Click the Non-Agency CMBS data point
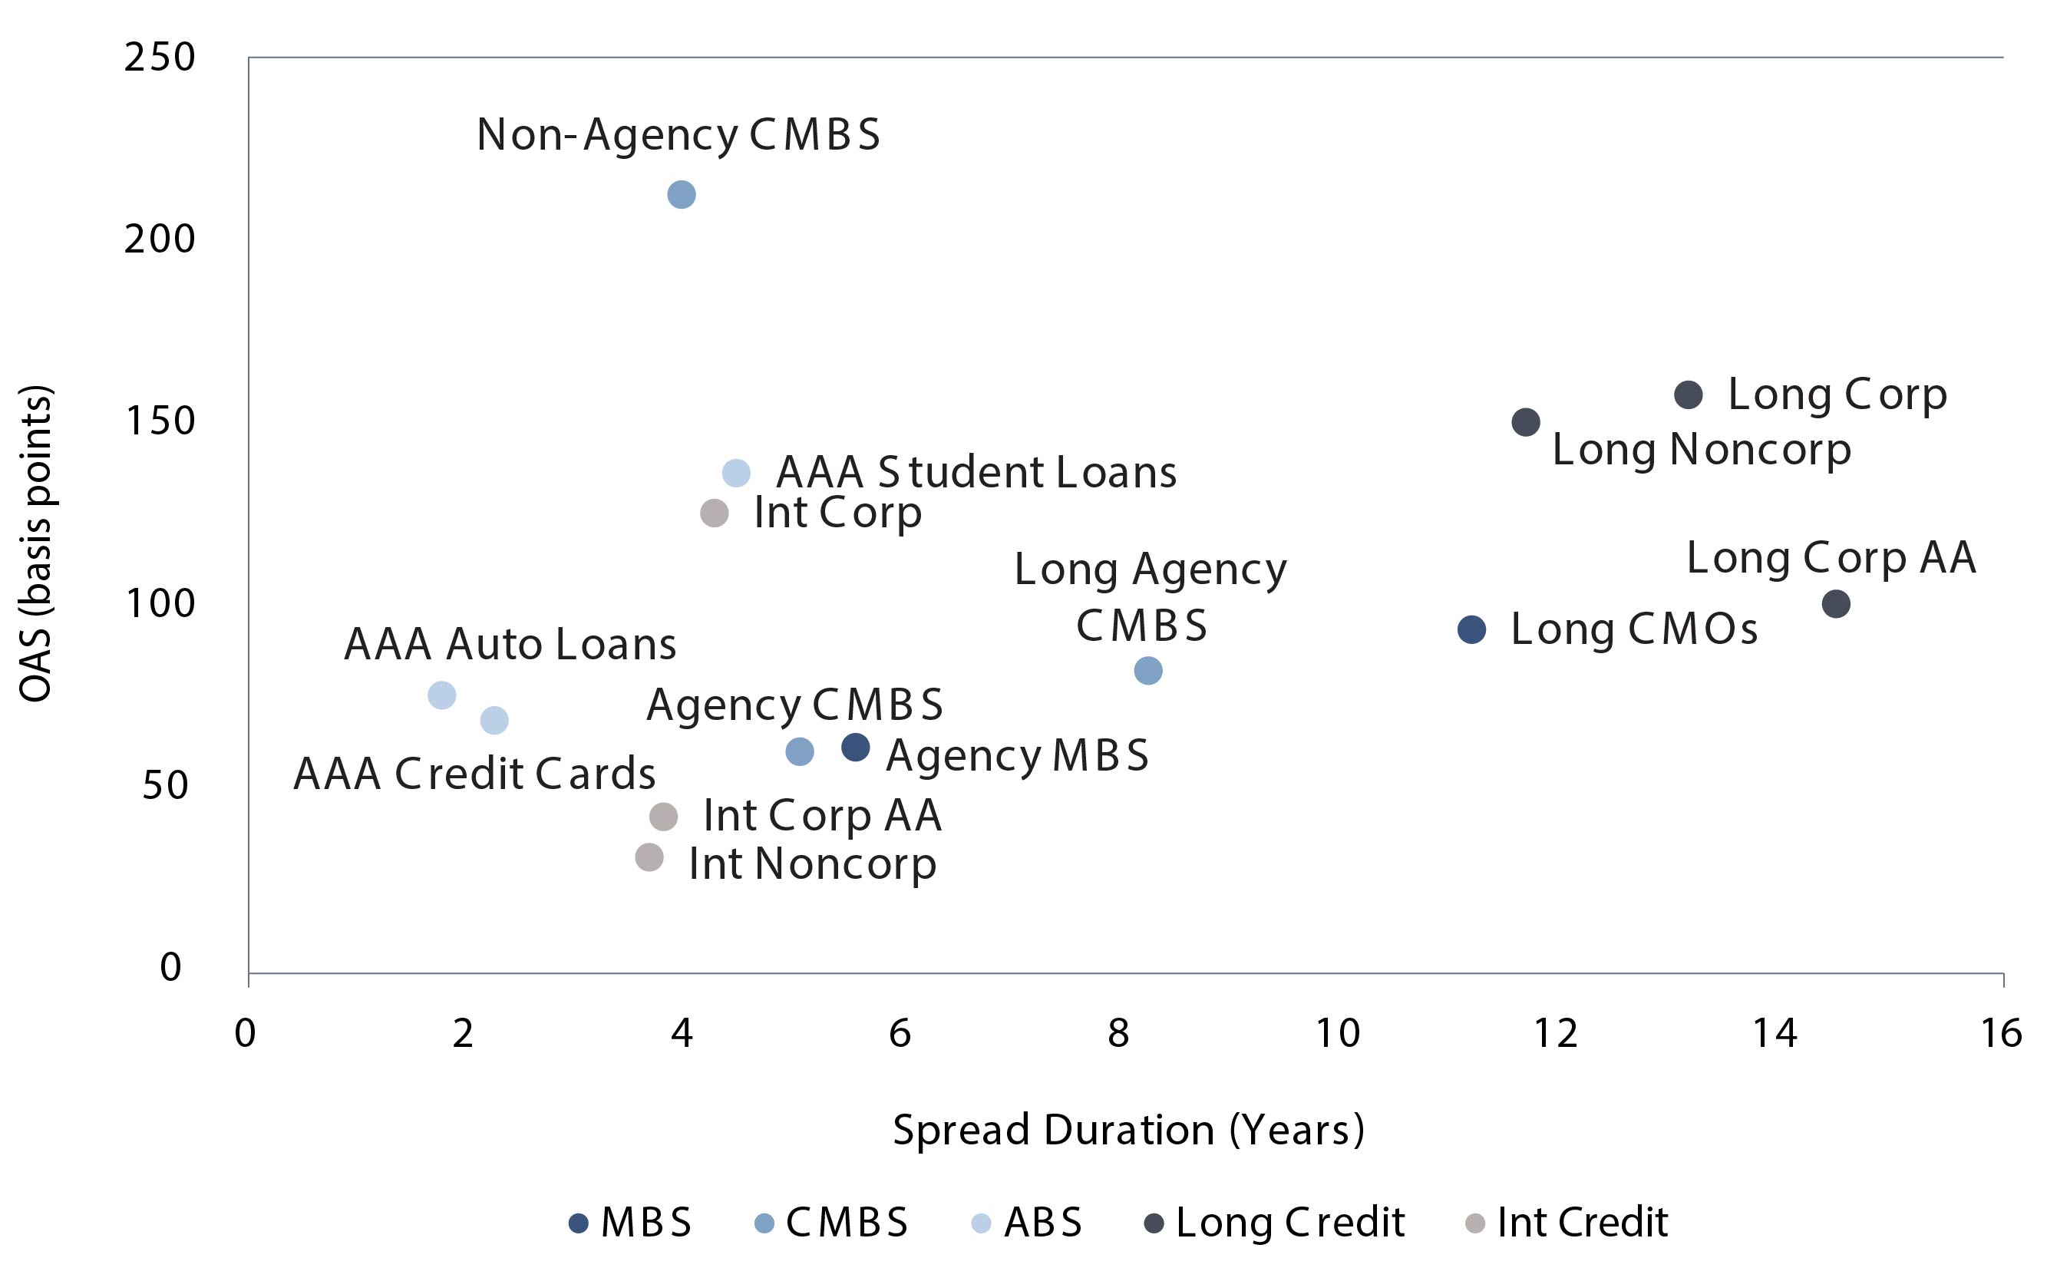pyautogui.click(x=682, y=195)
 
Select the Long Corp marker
pyautogui.click(x=1688, y=395)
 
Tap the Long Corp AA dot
pyautogui.click(x=1835, y=604)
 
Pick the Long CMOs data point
pyautogui.click(x=1471, y=629)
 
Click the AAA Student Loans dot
pyautogui.click(x=736, y=473)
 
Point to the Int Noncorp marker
pyautogui.click(x=649, y=857)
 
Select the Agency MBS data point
pyautogui.click(x=856, y=748)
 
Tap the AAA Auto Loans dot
pyautogui.click(x=441, y=695)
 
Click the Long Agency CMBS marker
pyautogui.click(x=1147, y=671)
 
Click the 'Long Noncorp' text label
pyautogui.click(x=1701, y=450)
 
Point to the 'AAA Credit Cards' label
pyautogui.click(x=474, y=774)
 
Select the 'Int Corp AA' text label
pyautogui.click(x=822, y=816)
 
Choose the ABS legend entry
pyautogui.click(x=1028, y=1223)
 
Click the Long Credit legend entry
pyautogui.click(x=1274, y=1223)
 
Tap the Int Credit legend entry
pyautogui.click(x=1567, y=1223)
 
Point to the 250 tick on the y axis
pyautogui.click(x=160, y=58)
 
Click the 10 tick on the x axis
pyautogui.click(x=1337, y=1034)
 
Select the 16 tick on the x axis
pyautogui.click(x=2001, y=1034)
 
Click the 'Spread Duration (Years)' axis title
pyautogui.click(x=1128, y=1131)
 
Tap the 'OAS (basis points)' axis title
pyautogui.click(x=35, y=543)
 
